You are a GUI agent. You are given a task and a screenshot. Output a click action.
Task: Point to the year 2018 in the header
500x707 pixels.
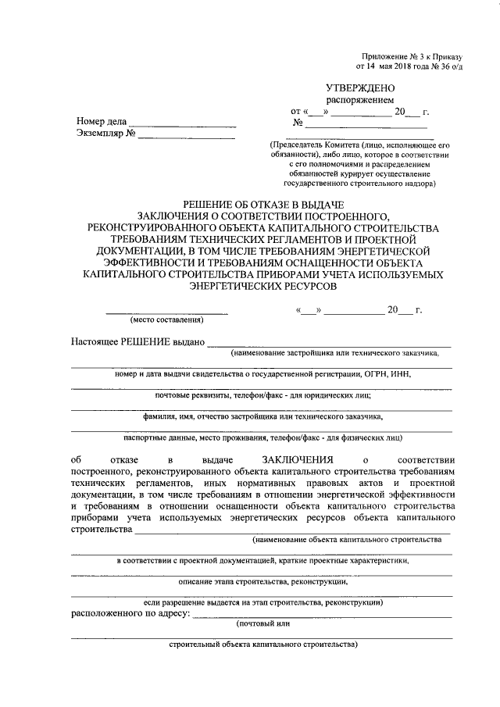[390, 67]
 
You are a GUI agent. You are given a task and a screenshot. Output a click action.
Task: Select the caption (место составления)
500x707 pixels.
[166, 320]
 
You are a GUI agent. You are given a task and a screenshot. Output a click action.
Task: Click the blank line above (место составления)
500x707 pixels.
[167, 312]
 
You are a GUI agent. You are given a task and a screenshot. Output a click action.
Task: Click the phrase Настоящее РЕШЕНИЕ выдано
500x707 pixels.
[137, 341]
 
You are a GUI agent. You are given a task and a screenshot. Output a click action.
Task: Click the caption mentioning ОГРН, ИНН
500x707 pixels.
[262, 374]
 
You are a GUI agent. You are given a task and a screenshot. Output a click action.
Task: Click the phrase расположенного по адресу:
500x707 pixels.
[130, 614]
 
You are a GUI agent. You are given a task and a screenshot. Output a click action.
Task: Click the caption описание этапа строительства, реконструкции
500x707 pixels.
[262, 582]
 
